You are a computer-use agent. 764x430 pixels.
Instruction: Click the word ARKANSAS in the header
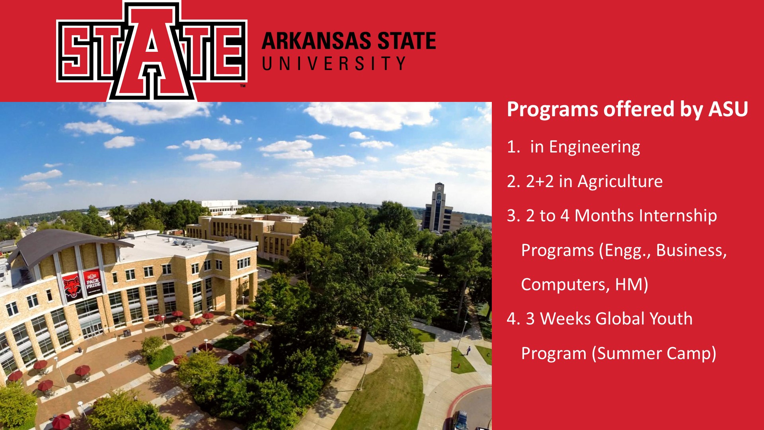click(x=317, y=41)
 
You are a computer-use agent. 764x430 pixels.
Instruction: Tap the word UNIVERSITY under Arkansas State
click(x=334, y=64)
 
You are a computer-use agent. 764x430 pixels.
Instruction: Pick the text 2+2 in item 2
click(x=540, y=181)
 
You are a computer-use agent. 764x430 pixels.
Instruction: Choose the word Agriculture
click(x=620, y=182)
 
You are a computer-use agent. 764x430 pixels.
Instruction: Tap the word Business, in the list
click(x=692, y=250)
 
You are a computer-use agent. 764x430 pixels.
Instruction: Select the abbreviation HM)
click(x=631, y=285)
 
